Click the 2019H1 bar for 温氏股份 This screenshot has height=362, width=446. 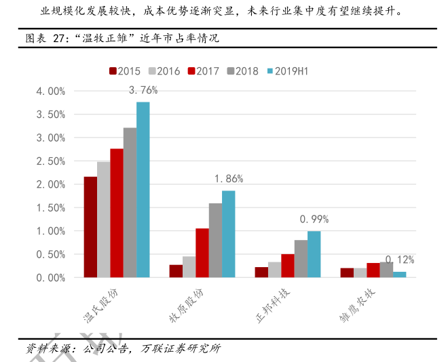pyautogui.click(x=143, y=190)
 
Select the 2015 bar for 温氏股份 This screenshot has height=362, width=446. pyautogui.click(x=90, y=227)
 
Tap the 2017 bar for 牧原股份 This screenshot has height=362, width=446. pyautogui.click(x=202, y=253)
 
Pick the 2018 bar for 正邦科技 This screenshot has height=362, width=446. pyautogui.click(x=300, y=259)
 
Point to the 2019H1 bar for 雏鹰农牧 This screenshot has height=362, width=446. pyautogui.click(x=399, y=275)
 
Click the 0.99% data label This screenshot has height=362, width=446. pyautogui.click(x=314, y=219)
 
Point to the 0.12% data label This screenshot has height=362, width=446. pyautogui.click(x=400, y=260)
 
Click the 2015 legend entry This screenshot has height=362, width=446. pyautogui.click(x=124, y=71)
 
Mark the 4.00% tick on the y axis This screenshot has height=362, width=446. pyautogui.click(x=50, y=91)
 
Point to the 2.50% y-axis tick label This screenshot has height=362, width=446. pyautogui.click(x=50, y=161)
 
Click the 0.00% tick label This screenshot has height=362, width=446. pyautogui.click(x=50, y=278)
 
